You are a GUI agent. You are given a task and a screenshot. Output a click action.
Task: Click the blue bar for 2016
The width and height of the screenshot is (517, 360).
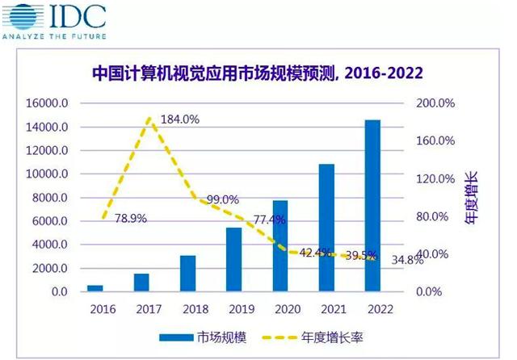95,287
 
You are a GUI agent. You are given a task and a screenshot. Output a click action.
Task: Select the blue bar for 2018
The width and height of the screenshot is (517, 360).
187,273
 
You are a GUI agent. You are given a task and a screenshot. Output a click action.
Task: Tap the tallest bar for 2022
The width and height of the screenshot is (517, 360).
372,206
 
